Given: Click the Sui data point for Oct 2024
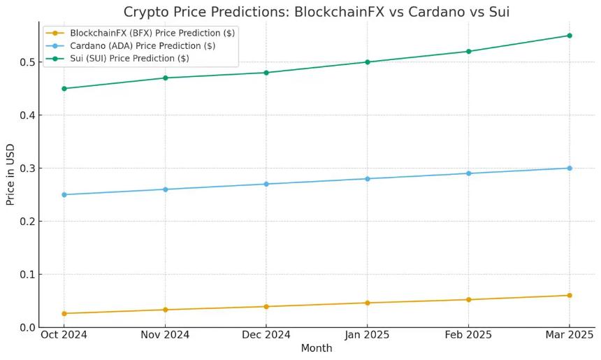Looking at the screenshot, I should [x=64, y=89].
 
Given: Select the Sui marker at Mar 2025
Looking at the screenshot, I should [x=570, y=36].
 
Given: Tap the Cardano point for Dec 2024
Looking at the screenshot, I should [x=266, y=184].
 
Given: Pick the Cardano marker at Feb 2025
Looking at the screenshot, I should [x=468, y=173].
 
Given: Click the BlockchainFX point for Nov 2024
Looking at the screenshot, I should [x=166, y=310].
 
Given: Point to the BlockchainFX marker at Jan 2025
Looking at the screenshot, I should [x=368, y=303].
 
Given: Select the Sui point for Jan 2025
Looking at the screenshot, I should [x=368, y=62].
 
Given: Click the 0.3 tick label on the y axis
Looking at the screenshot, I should [x=27, y=168].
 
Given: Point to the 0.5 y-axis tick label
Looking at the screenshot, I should [x=27, y=62].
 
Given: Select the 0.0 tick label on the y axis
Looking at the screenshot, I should [x=27, y=327].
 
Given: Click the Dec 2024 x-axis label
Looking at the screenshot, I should [x=266, y=335].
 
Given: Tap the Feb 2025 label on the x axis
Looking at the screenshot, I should [x=468, y=335].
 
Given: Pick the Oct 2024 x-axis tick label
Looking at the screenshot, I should [x=64, y=335].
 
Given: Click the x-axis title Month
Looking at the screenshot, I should [x=317, y=348].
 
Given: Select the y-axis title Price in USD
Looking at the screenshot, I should [x=10, y=174].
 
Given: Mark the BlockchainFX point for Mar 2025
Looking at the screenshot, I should [x=570, y=295].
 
